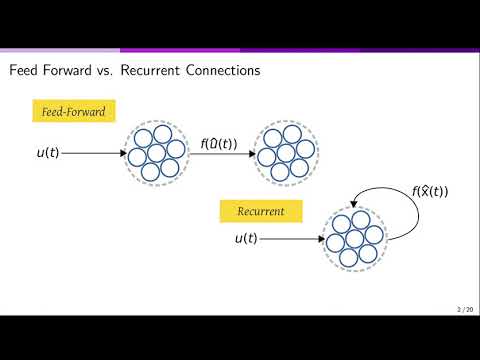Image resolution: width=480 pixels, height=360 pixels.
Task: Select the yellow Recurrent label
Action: (x=261, y=212)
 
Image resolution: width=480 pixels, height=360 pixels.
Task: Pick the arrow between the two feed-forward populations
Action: (x=219, y=155)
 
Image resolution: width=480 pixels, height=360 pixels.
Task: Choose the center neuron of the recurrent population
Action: (x=356, y=241)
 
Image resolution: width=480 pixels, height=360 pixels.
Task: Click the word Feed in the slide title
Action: (x=25, y=71)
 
